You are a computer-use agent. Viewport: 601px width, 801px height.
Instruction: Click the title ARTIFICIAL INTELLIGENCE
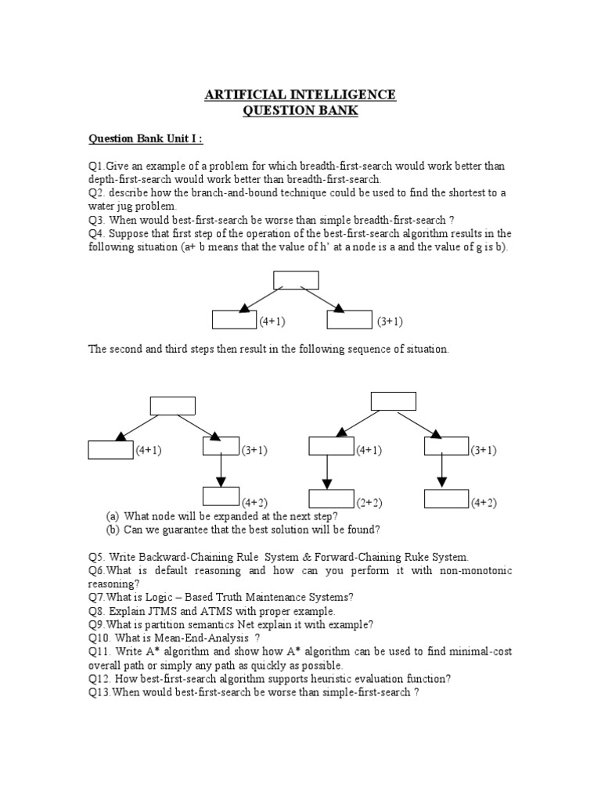point(300,95)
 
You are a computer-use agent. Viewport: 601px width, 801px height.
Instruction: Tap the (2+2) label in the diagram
point(369,502)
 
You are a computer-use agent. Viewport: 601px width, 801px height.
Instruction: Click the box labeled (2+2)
point(331,498)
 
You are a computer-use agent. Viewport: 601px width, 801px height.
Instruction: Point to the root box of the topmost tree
point(296,280)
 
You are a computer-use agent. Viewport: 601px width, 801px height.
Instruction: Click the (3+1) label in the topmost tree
point(389,321)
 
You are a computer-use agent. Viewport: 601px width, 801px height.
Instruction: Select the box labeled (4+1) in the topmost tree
point(235,320)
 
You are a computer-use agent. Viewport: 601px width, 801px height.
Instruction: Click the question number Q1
point(96,166)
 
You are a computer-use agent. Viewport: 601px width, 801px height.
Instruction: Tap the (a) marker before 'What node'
point(113,516)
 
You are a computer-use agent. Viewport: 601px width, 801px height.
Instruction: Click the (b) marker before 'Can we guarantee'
point(113,530)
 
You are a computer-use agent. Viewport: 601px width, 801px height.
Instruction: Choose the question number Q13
point(99,692)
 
